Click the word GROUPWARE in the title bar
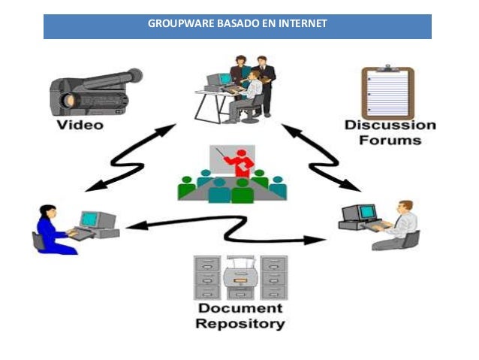[x=171, y=23]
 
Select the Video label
[x=80, y=125]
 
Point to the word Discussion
[x=390, y=125]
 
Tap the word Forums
[x=390, y=139]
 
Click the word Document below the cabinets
[x=239, y=309]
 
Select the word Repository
[x=239, y=324]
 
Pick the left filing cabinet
[x=206, y=277]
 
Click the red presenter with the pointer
[x=240, y=162]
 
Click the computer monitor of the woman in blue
[x=89, y=218]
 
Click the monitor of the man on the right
[x=351, y=213]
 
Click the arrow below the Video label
[x=131, y=159]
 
